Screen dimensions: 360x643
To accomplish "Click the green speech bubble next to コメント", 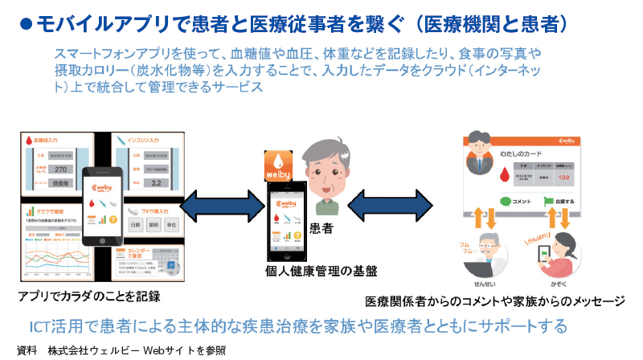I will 505,201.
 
